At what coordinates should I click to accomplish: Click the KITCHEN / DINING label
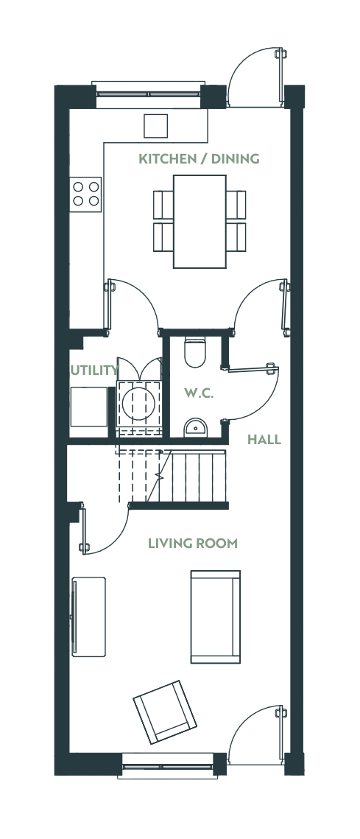(x=199, y=159)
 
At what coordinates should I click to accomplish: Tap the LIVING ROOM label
(x=193, y=544)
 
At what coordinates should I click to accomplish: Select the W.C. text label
(x=199, y=394)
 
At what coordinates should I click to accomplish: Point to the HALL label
(x=264, y=440)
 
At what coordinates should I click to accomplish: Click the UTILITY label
(x=94, y=371)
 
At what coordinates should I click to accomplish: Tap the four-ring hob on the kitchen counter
(x=86, y=194)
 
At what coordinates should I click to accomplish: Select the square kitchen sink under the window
(x=155, y=126)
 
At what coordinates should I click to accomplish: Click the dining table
(x=200, y=221)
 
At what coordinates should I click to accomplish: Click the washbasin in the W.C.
(x=195, y=428)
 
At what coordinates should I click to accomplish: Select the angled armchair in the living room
(x=165, y=712)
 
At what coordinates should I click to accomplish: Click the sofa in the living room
(x=216, y=617)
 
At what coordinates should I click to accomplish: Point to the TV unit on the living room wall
(x=88, y=617)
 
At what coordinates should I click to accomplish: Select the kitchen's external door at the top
(x=255, y=77)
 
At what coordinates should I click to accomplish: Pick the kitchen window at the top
(x=148, y=94)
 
